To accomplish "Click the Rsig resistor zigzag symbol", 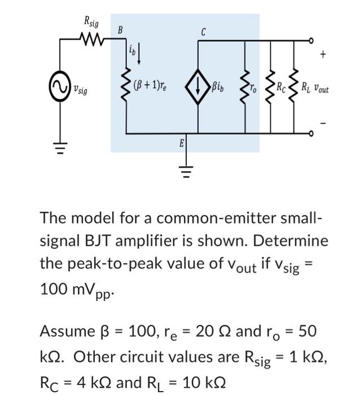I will pyautogui.click(x=90, y=40).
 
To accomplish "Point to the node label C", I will pyautogui.click(x=203, y=32).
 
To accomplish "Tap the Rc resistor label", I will pyautogui.click(x=280, y=87).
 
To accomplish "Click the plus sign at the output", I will pyautogui.click(x=323, y=54).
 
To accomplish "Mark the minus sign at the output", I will pyautogui.click(x=323, y=122).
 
